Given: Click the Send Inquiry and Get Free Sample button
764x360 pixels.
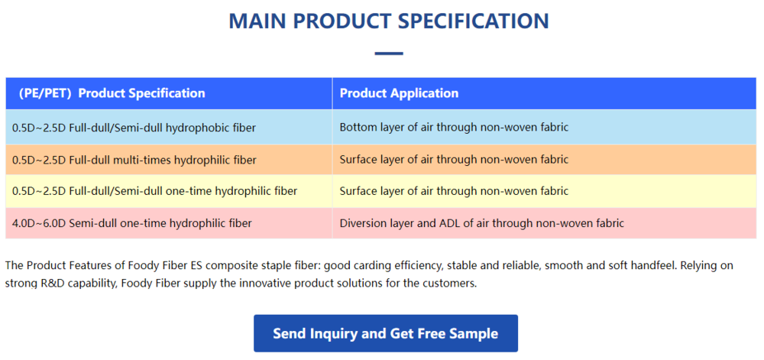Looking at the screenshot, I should [x=385, y=333].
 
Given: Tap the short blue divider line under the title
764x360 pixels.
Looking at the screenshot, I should [x=389, y=54].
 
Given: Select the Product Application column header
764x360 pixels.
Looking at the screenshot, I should [x=399, y=93].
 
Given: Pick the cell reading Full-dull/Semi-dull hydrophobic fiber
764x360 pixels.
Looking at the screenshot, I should [x=134, y=127].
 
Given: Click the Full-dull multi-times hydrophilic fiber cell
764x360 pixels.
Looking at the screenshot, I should [x=134, y=160].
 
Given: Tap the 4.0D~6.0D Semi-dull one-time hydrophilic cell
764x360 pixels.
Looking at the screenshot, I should [x=132, y=223].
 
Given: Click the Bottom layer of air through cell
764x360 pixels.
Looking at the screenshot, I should [x=454, y=127].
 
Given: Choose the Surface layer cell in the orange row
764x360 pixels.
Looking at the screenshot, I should [x=454, y=160].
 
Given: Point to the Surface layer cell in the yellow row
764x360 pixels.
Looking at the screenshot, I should [x=454, y=191].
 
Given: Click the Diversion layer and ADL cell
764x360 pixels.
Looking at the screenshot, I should [x=481, y=223].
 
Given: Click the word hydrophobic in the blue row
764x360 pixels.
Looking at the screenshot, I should [x=202, y=127].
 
